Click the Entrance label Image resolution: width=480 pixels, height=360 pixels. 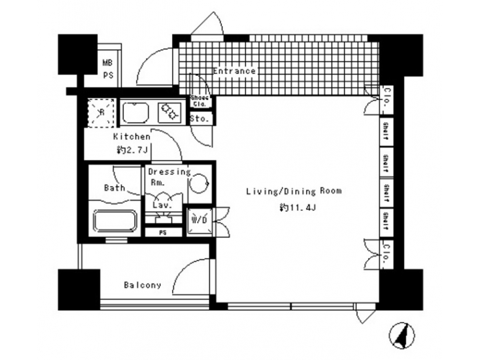point(234,71)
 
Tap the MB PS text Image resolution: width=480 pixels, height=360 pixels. point(107,69)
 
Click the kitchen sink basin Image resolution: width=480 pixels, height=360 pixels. point(137,113)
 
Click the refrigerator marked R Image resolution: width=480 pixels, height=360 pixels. point(100,112)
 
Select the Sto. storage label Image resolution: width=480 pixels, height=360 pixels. point(200,119)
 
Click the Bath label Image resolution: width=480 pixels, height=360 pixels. point(114,188)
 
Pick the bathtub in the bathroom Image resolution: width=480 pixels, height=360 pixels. point(114,221)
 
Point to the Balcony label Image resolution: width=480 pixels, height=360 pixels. point(143,285)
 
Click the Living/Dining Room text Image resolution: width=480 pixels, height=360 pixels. point(293,191)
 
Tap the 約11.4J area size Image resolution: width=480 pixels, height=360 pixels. point(293,209)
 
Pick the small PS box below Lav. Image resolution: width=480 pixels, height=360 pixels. point(163,233)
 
